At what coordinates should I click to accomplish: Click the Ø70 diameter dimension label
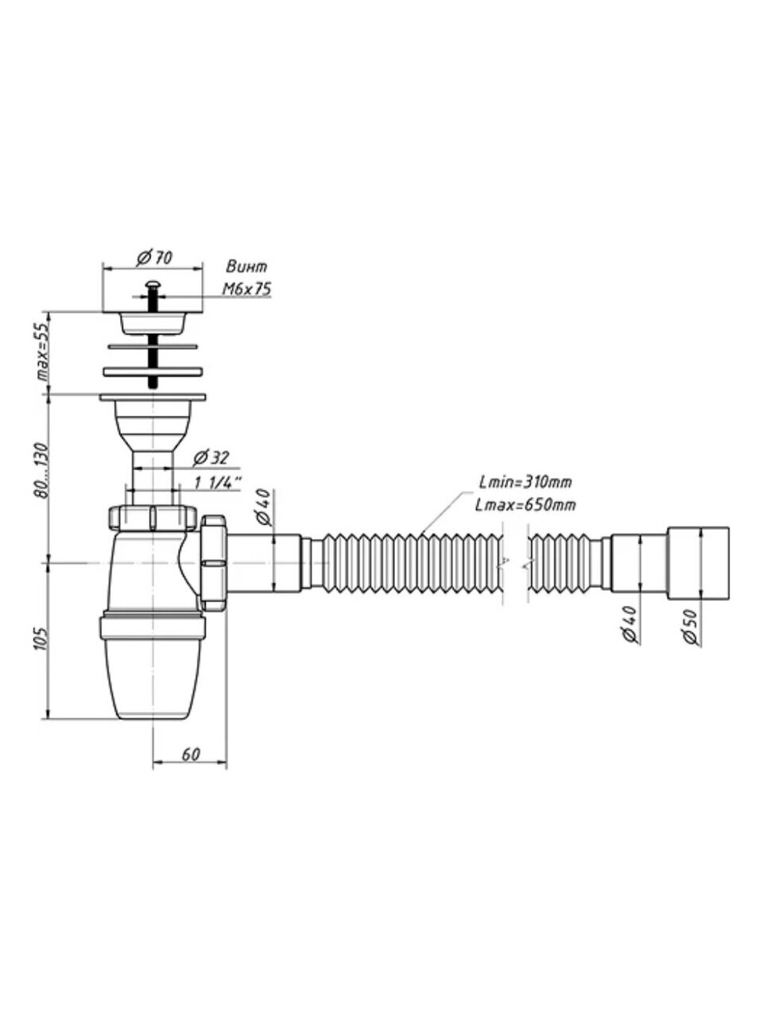[x=155, y=257]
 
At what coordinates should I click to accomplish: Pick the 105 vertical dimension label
[x=45, y=639]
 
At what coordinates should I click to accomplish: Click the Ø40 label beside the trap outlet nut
[x=265, y=507]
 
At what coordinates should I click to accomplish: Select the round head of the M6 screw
[x=152, y=283]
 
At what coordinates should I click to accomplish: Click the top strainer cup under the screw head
[x=152, y=323]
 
